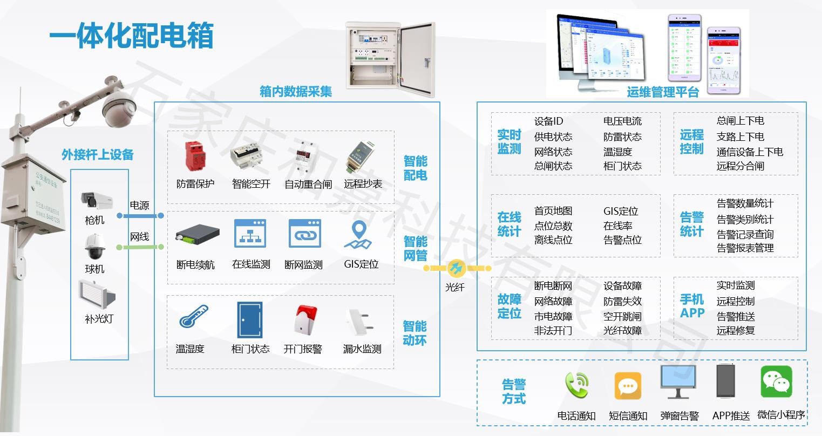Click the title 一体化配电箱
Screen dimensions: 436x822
(131, 36)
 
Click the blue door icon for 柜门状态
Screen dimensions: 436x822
(249, 319)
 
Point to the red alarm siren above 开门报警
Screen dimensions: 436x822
(305, 319)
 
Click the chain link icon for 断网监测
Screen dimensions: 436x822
(305, 235)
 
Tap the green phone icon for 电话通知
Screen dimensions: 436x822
(576, 385)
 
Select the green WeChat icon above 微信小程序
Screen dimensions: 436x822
(776, 381)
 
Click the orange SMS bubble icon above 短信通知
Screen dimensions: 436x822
(628, 385)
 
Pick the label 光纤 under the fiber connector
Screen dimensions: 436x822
(454, 288)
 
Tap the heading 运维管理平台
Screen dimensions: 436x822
(663, 92)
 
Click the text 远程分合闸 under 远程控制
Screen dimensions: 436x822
(740, 166)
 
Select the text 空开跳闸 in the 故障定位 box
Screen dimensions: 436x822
(622, 316)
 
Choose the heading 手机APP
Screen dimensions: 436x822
(692, 306)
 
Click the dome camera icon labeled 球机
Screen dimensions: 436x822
(94, 247)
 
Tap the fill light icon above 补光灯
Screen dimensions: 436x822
(97, 294)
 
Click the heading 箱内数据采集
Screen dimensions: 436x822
(295, 92)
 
